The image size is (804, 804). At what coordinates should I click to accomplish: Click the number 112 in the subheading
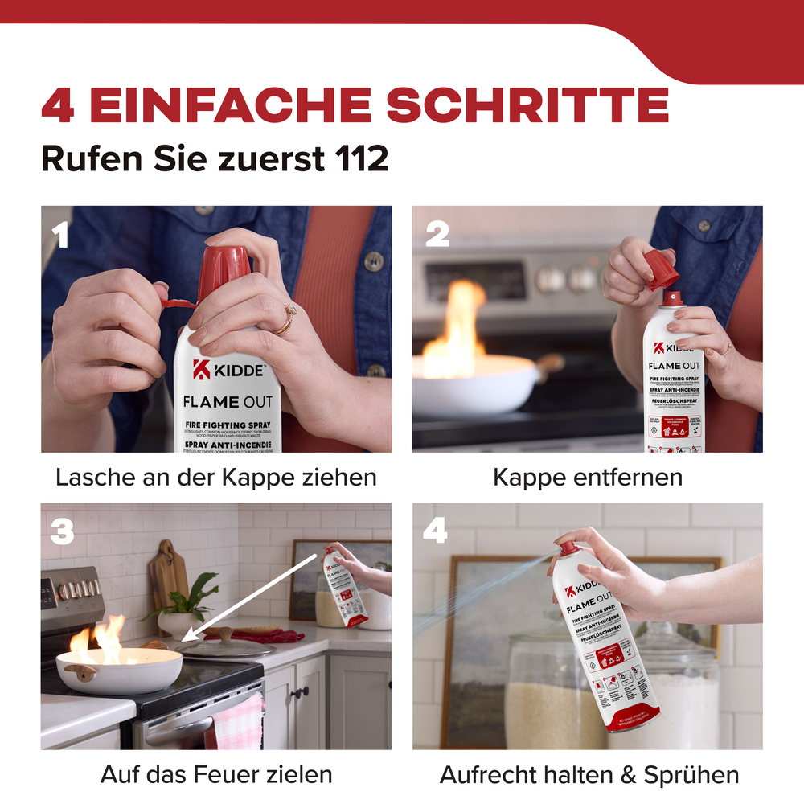(x=359, y=158)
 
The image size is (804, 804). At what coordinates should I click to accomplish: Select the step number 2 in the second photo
(x=437, y=234)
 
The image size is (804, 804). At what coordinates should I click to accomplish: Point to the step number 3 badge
(x=63, y=531)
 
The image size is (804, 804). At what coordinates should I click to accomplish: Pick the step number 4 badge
(x=435, y=531)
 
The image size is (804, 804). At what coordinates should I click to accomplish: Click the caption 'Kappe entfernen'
(x=587, y=477)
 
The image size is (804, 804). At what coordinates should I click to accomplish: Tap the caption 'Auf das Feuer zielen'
(x=216, y=774)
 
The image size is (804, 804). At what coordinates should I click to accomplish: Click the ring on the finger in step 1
(x=285, y=321)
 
